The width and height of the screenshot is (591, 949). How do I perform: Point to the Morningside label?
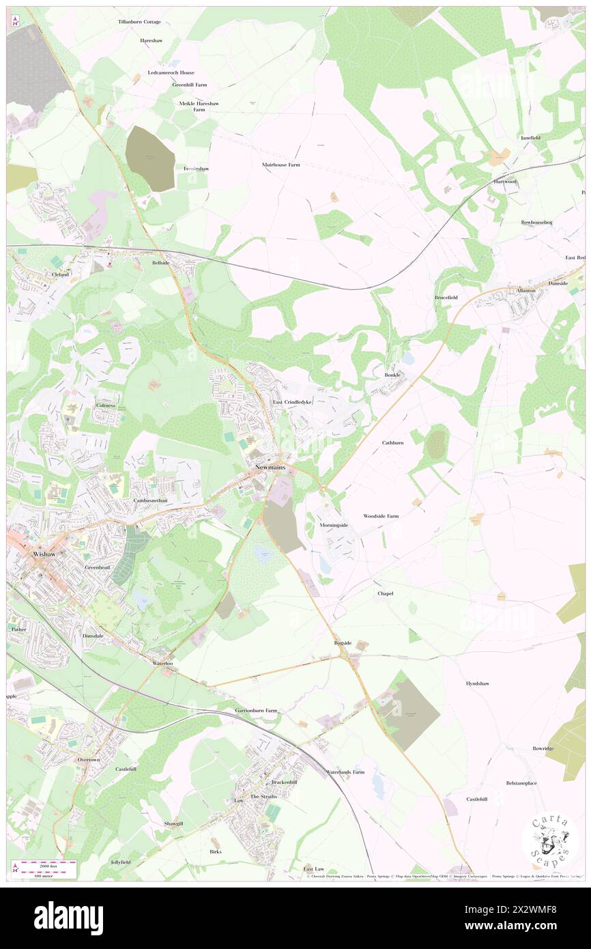pos(334,525)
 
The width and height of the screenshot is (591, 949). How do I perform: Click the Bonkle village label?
pos(392,375)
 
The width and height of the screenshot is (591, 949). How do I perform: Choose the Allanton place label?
pos(525,290)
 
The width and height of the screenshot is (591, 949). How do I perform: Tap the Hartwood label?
pos(506,182)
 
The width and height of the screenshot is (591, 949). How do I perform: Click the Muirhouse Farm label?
pos(281,165)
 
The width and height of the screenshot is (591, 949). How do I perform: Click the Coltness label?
pos(106,405)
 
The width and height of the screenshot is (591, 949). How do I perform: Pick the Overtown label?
pos(89,760)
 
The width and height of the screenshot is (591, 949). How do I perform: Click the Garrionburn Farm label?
pos(257,711)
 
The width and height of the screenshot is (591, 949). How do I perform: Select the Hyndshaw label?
pos(478,683)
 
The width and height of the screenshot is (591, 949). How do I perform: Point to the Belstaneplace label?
pos(521,782)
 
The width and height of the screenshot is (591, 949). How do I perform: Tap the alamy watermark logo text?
pos(68,918)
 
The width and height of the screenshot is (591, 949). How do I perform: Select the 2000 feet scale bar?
pos(48,864)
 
